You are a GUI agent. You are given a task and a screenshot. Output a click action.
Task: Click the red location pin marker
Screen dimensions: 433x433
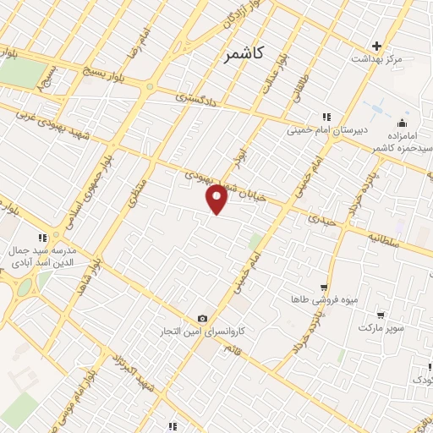click(x=217, y=198)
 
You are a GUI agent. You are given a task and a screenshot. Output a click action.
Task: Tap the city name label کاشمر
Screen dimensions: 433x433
click(x=245, y=54)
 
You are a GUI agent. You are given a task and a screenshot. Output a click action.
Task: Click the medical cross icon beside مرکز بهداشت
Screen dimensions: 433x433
click(x=377, y=46)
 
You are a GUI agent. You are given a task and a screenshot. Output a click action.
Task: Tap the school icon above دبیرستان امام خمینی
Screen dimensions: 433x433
click(x=324, y=118)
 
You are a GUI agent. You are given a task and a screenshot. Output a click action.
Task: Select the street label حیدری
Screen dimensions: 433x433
click(x=321, y=220)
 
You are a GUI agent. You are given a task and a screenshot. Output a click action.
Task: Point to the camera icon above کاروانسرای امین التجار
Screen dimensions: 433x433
click(x=202, y=318)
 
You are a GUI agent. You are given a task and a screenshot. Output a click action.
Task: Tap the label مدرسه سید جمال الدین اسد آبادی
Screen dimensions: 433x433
click(x=41, y=257)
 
